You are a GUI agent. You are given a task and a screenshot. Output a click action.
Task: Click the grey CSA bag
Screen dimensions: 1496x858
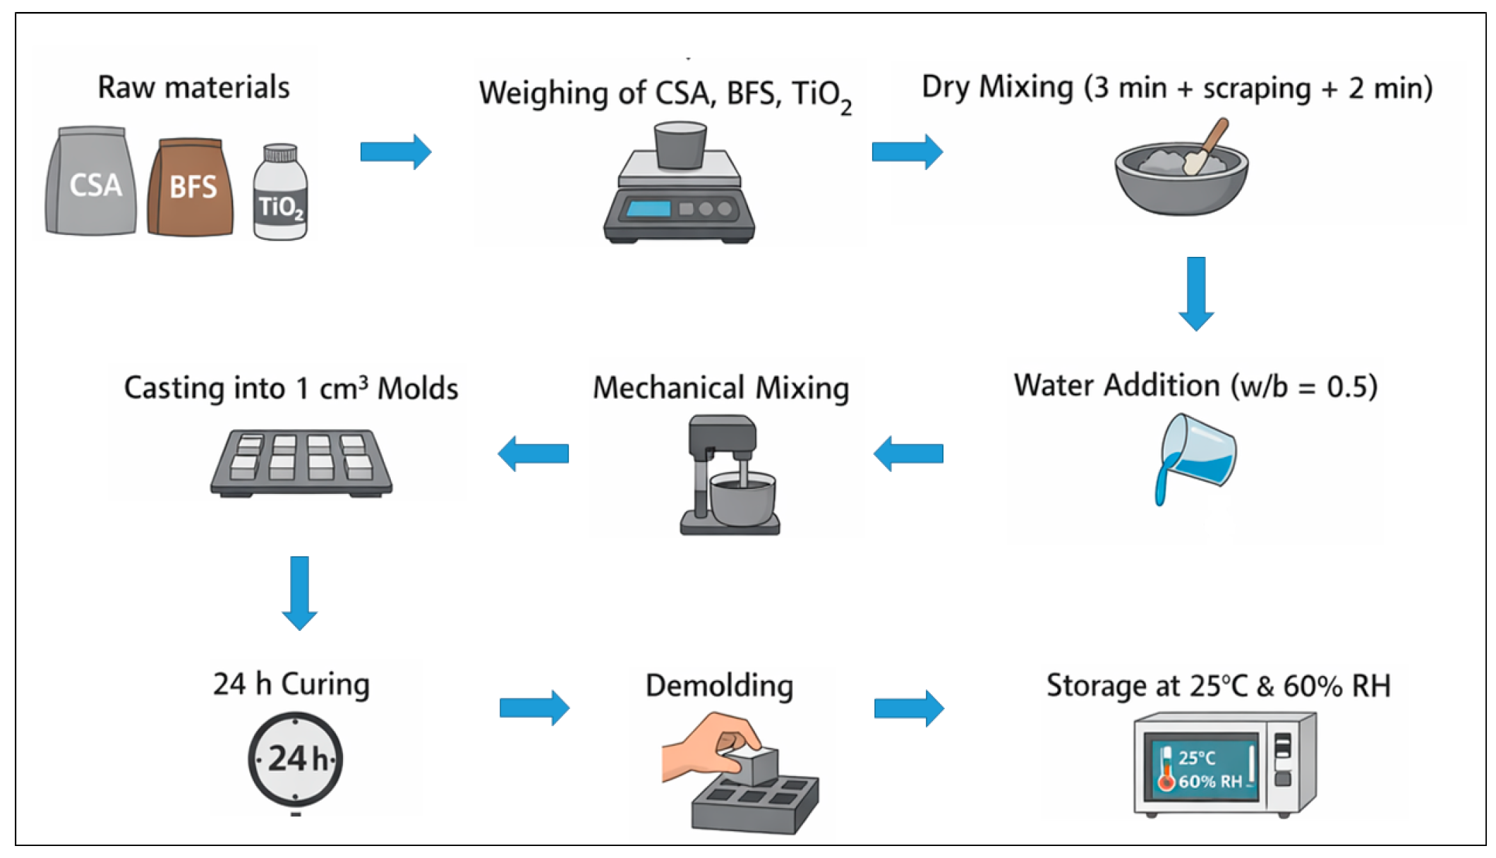[x=90, y=181]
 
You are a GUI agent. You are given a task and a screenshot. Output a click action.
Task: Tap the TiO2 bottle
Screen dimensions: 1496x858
[x=280, y=192]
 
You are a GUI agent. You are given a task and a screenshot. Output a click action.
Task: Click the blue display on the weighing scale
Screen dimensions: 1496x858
[x=649, y=209]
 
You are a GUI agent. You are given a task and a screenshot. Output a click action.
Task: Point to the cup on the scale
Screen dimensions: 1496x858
[x=680, y=145]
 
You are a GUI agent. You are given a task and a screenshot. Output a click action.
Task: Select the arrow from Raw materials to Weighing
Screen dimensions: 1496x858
[x=396, y=152]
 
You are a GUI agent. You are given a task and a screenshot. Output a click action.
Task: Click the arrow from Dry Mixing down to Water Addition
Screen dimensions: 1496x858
[x=1196, y=294]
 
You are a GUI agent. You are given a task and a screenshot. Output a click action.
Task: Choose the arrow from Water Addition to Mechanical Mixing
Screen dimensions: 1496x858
[x=908, y=453]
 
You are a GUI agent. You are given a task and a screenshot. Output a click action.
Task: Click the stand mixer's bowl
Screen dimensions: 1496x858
[x=742, y=500]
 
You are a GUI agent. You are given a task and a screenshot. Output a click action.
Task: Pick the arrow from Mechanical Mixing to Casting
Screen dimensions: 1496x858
[x=533, y=453]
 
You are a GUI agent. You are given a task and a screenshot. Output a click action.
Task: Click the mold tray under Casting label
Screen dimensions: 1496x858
[x=301, y=464]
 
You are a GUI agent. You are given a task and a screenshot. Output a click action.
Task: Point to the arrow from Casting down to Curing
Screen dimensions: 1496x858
[x=299, y=593]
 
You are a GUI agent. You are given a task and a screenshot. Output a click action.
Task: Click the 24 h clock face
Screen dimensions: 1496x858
[x=295, y=759]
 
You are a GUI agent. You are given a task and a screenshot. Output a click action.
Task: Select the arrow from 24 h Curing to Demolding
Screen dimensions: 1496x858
[x=535, y=708]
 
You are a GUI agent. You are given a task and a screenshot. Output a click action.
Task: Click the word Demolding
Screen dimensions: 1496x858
[x=719, y=686]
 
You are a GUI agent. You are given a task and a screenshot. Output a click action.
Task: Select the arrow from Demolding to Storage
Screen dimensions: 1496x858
[x=909, y=708]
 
